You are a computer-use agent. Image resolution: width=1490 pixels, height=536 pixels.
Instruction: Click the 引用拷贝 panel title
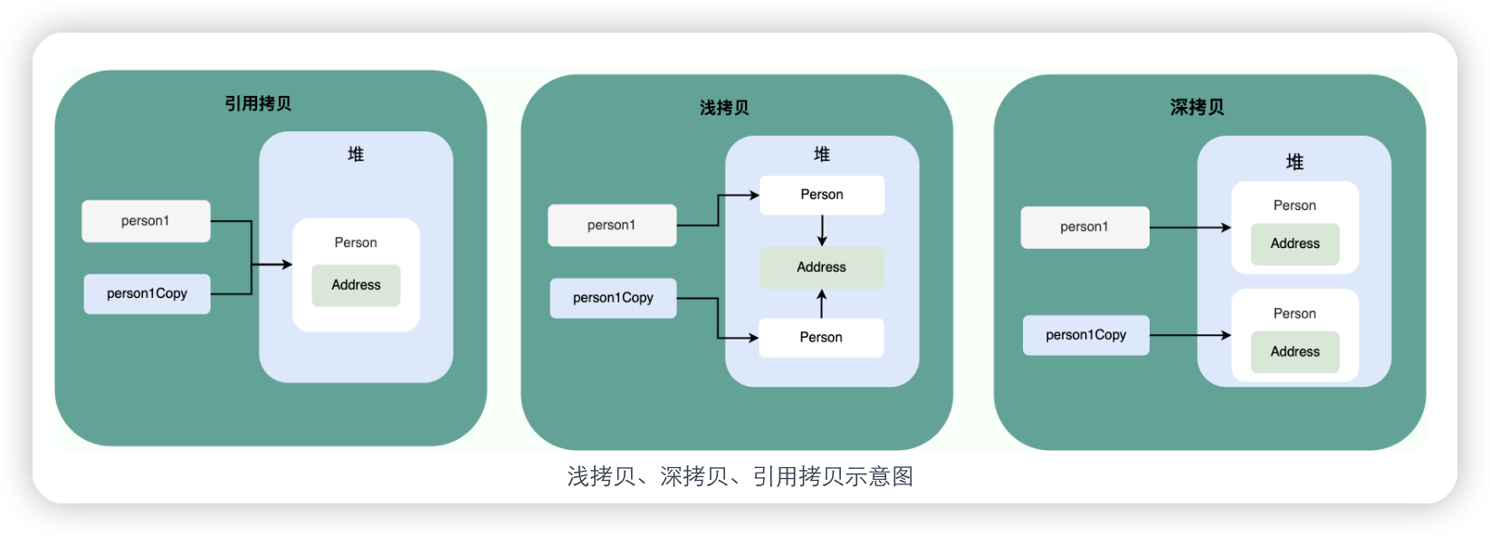(x=258, y=103)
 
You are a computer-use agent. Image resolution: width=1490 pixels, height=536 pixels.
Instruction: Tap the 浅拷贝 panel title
(x=724, y=107)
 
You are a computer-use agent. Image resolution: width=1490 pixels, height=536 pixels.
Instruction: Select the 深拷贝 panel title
(x=1198, y=107)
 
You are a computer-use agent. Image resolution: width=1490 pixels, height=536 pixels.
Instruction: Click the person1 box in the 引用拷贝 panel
(x=147, y=221)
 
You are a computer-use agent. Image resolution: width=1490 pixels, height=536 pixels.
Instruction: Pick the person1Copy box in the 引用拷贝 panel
(x=147, y=294)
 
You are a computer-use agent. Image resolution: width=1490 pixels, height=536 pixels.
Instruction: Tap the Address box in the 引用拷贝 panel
(x=357, y=285)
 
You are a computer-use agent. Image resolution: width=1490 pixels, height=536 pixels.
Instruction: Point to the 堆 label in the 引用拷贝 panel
(x=356, y=155)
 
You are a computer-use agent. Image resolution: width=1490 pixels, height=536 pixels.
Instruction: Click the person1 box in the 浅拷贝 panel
(x=612, y=225)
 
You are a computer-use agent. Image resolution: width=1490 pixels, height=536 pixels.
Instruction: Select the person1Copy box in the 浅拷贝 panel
(x=614, y=298)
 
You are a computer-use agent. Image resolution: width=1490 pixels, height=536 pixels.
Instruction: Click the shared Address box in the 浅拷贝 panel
(x=822, y=267)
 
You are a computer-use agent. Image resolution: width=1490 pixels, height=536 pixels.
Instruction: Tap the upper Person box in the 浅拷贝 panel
(x=822, y=195)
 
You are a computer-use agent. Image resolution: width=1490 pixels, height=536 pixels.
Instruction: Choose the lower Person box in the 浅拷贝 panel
(x=822, y=338)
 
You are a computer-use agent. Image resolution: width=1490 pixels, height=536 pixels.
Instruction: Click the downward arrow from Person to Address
(x=822, y=231)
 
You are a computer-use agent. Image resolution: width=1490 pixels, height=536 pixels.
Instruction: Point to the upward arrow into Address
(x=822, y=303)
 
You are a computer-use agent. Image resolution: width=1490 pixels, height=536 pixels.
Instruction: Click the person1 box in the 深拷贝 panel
(x=1084, y=227)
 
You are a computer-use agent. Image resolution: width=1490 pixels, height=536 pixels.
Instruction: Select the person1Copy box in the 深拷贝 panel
(x=1086, y=335)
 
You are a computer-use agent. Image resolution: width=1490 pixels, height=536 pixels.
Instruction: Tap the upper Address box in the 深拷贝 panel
(x=1295, y=244)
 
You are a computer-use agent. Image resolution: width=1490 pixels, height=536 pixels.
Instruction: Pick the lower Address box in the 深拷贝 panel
(x=1295, y=352)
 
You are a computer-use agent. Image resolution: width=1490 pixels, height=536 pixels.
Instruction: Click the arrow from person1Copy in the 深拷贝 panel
(x=1190, y=335)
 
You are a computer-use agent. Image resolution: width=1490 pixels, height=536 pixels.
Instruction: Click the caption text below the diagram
(x=740, y=476)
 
